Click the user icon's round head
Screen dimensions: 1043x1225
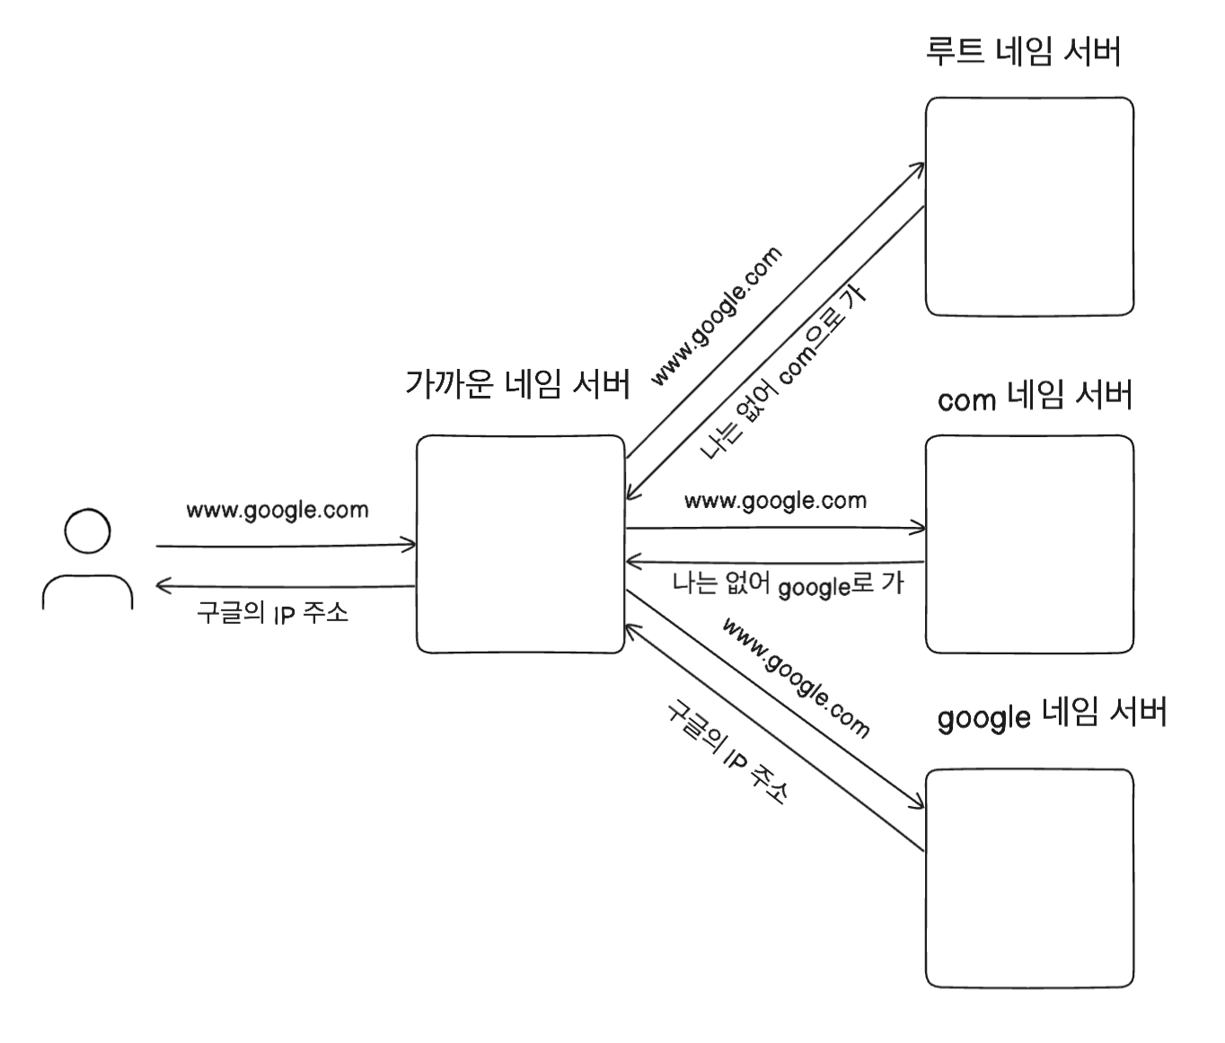[88, 530]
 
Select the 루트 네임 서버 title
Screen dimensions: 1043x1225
[1023, 52]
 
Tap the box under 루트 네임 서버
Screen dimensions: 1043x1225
[1029, 206]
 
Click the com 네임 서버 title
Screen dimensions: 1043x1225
[1035, 397]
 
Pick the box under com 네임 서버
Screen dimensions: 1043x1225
[1029, 544]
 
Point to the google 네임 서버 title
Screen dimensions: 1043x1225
[1052, 714]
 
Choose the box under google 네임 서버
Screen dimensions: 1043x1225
[1029, 878]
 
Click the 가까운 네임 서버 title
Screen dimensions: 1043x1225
[517, 385]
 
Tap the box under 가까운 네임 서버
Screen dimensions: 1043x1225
[520, 544]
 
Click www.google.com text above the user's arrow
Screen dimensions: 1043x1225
[278, 511]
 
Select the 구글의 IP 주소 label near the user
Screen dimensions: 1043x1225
[272, 613]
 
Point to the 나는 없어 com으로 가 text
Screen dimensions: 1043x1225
[783, 372]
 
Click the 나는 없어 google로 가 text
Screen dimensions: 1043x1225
[788, 584]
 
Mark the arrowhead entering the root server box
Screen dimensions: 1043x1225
[920, 168]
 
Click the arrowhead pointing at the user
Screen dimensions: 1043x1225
[162, 587]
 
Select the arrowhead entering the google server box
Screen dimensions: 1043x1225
[919, 803]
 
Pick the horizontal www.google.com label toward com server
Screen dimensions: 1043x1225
[775, 501]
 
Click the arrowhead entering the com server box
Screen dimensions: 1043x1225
[920, 528]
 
